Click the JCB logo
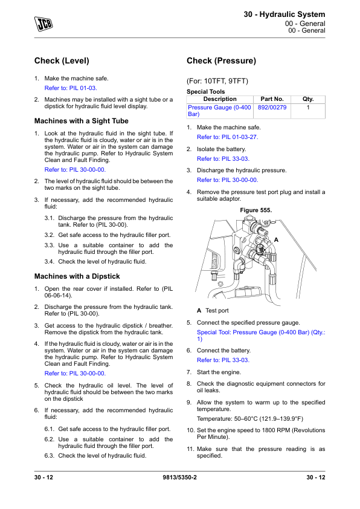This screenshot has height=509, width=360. [x=43, y=24]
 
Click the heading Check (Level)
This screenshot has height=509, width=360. [x=62, y=60]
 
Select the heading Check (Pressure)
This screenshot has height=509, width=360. [x=221, y=60]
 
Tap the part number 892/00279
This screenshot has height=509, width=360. [x=272, y=107]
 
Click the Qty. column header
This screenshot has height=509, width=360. [x=308, y=99]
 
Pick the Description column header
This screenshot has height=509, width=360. [x=220, y=99]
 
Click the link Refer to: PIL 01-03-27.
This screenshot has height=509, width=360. [x=227, y=137]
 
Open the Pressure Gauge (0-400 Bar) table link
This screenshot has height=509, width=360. [x=219, y=111]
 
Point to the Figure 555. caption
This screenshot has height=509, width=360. [x=256, y=210]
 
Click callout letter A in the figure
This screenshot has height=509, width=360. [x=276, y=240]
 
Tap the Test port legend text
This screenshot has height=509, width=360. [x=217, y=311]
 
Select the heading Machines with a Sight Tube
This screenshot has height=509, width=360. [x=82, y=121]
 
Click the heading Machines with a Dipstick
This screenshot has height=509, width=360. [x=77, y=276]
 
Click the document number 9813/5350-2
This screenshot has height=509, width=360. [x=179, y=477]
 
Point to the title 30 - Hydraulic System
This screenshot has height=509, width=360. [x=284, y=15]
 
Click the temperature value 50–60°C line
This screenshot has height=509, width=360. [x=249, y=419]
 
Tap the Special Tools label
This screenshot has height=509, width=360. [x=205, y=91]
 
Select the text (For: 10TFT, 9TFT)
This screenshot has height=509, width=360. [x=217, y=81]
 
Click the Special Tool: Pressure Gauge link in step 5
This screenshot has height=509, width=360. [x=261, y=336]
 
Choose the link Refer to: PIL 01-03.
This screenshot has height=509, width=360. [x=71, y=88]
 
